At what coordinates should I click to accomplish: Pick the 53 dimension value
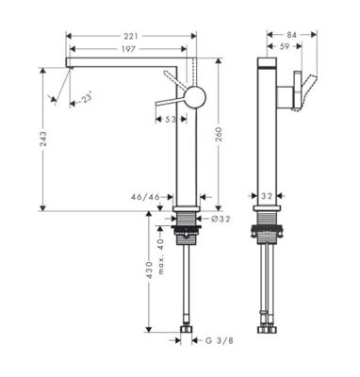[171, 120]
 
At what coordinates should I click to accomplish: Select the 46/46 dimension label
[146, 197]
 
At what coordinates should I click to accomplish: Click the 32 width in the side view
[267, 197]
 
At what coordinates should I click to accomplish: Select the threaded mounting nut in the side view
[267, 232]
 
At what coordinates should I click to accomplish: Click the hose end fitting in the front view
[187, 331]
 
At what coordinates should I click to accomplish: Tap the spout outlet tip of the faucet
[69, 64]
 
